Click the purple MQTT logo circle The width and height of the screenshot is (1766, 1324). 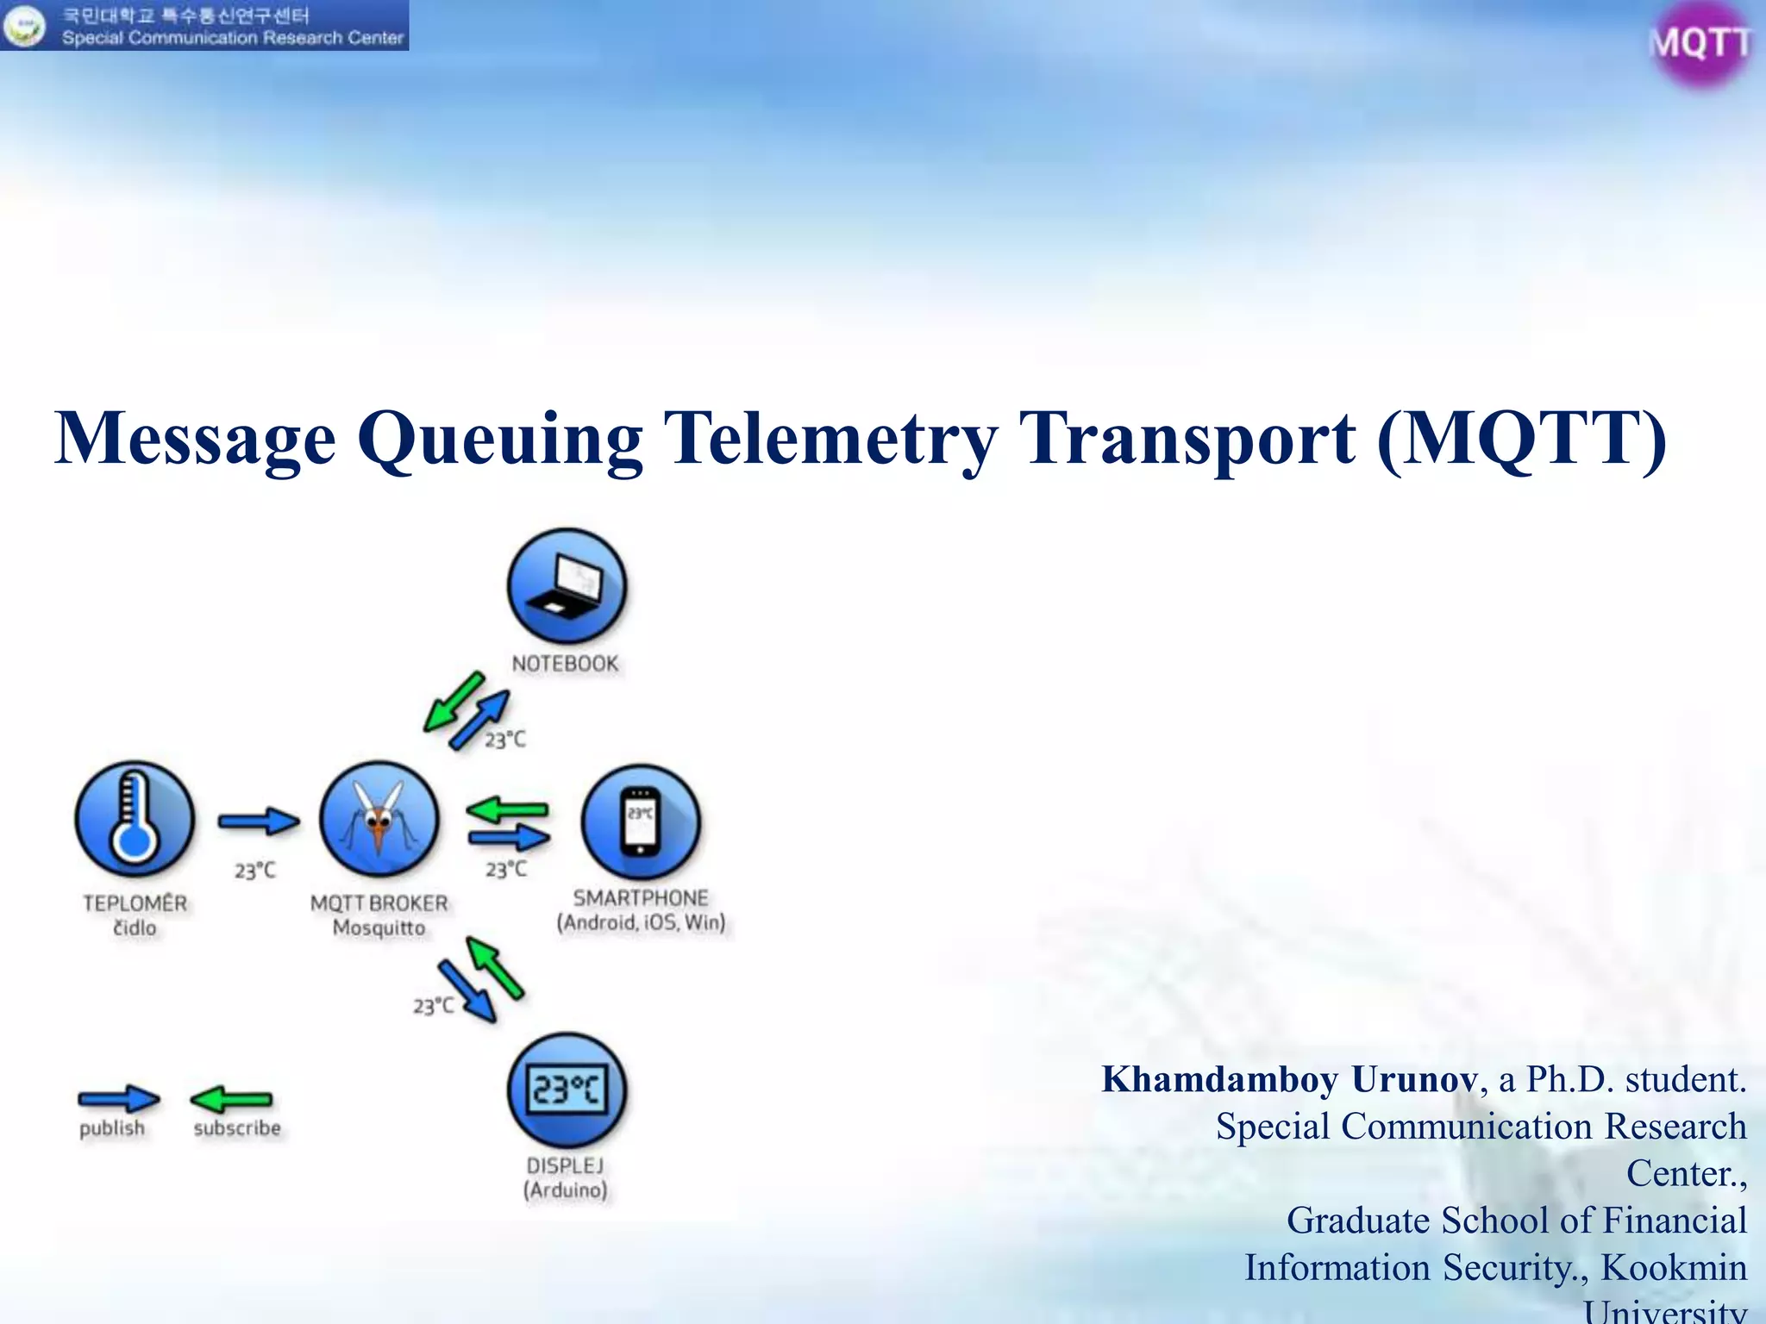[1698, 43]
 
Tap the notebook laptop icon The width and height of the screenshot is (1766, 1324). [567, 586]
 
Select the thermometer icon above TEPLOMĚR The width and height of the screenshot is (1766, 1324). [135, 819]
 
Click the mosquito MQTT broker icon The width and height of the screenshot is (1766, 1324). [379, 819]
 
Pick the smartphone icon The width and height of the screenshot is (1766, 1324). [641, 822]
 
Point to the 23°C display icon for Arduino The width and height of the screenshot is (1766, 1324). [567, 1090]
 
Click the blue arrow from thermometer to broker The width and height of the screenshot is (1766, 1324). [258, 821]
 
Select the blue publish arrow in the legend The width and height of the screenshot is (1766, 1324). [118, 1099]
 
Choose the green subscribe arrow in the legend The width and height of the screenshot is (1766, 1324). [231, 1099]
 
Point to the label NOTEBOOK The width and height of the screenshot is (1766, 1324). [565, 664]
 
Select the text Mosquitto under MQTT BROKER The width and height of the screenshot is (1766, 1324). [379, 928]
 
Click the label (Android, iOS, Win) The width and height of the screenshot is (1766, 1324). [641, 922]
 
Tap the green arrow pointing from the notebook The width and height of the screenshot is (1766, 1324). [454, 701]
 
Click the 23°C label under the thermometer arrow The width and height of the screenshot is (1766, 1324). [255, 871]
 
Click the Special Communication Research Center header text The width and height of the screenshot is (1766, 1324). [232, 38]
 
